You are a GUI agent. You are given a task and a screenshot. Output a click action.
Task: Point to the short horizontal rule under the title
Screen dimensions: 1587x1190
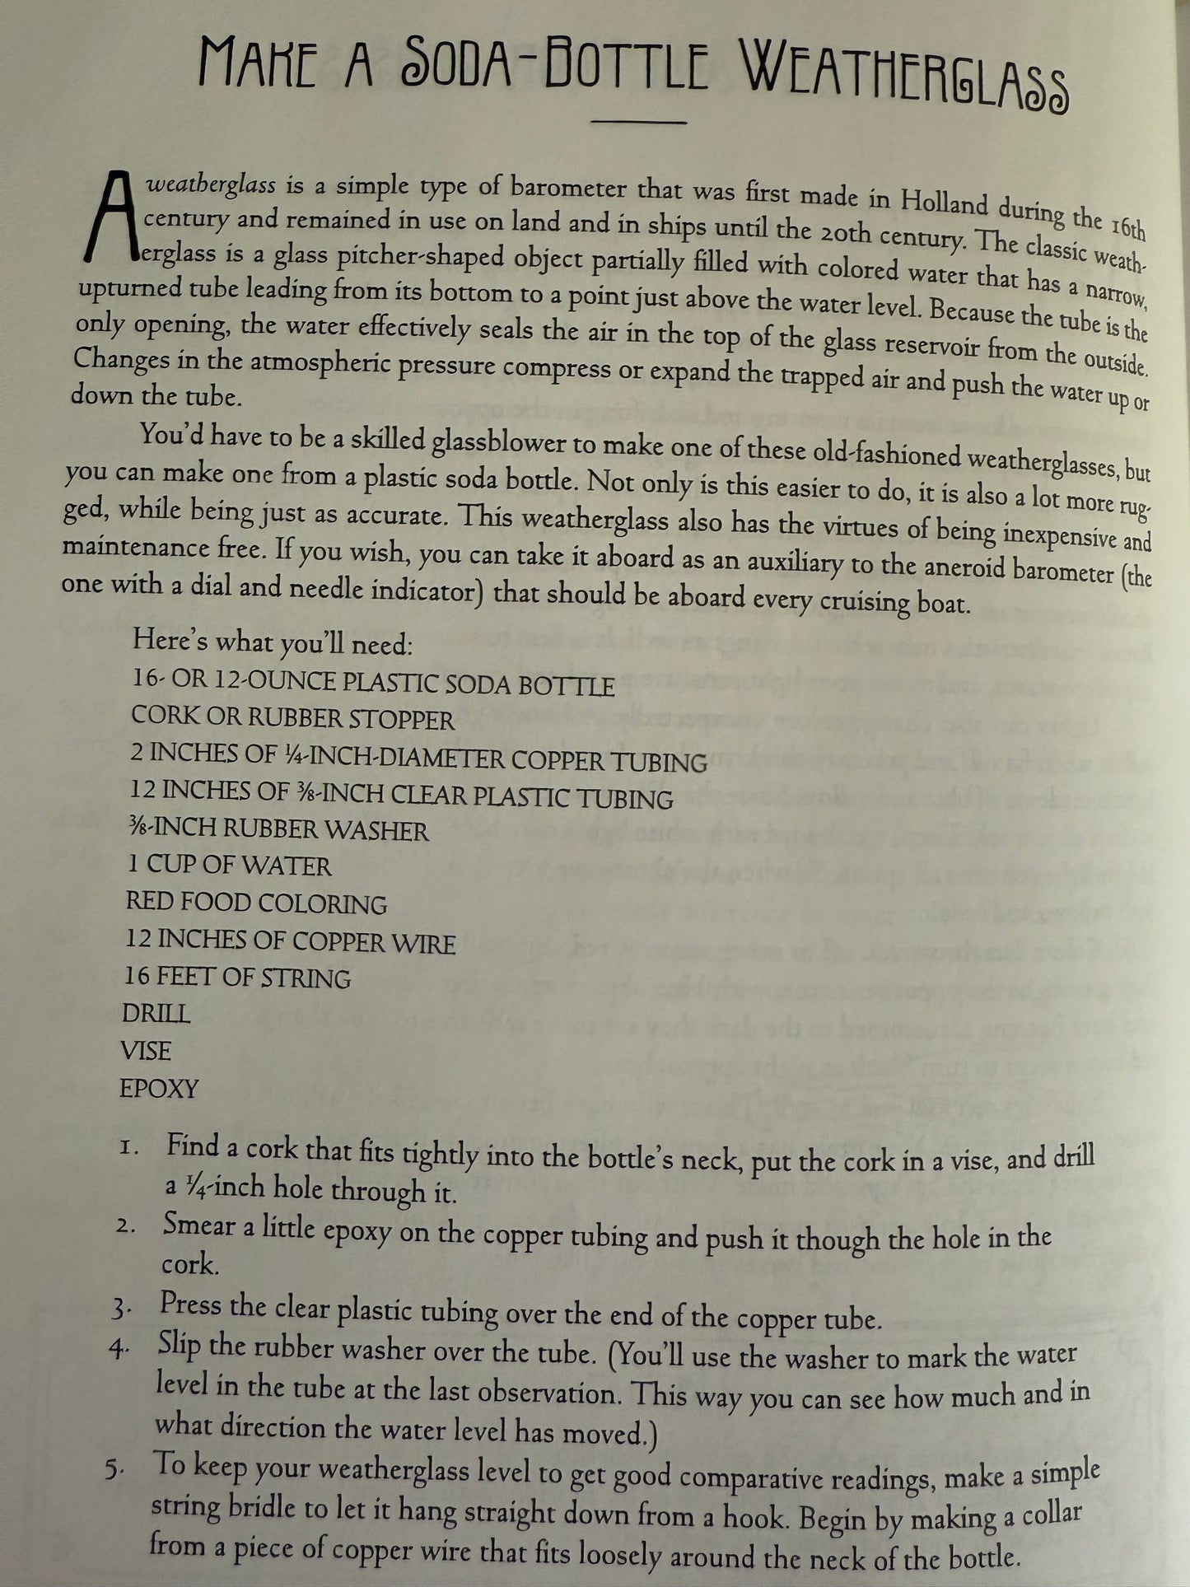pos(639,123)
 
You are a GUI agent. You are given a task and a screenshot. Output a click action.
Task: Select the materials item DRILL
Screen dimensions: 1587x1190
pos(156,1013)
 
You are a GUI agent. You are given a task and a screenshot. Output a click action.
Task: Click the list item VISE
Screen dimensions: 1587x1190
pos(146,1051)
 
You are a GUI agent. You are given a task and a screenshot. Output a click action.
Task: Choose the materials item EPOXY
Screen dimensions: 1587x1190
pos(159,1089)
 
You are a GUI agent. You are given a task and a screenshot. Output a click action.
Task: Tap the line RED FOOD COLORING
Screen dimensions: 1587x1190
pos(256,903)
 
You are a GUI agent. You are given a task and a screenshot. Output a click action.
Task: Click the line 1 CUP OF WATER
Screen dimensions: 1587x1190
pos(229,866)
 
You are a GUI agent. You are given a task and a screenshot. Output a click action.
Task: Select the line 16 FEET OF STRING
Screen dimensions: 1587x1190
pos(237,978)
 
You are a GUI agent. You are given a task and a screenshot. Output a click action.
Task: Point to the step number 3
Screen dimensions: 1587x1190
pos(121,1309)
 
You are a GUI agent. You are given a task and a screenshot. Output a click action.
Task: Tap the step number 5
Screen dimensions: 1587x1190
pos(115,1473)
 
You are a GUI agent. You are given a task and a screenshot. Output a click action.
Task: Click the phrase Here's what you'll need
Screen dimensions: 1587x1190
pos(272,643)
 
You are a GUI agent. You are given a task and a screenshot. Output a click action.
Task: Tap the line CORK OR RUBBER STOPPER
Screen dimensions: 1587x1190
pos(292,719)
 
